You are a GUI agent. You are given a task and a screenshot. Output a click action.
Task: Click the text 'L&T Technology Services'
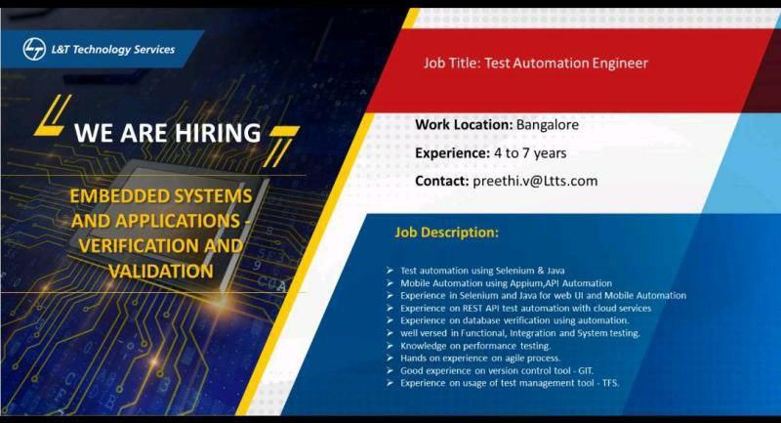tap(113, 50)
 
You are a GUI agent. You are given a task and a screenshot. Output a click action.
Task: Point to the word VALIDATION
tap(161, 270)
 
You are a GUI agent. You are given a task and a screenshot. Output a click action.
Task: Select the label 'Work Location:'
tap(464, 125)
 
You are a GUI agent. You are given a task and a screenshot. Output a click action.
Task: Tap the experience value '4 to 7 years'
tap(530, 153)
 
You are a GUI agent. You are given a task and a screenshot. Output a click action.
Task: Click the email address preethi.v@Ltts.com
tap(535, 181)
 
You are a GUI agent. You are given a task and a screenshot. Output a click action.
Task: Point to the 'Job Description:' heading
tap(446, 233)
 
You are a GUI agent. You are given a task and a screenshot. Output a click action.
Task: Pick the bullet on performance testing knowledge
tap(475, 346)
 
